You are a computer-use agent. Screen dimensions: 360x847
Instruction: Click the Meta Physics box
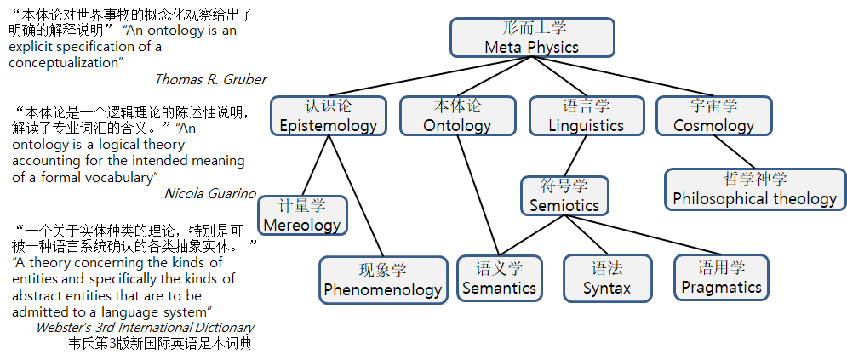tap(531, 38)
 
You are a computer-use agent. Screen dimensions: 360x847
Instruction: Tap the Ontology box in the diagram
tap(457, 116)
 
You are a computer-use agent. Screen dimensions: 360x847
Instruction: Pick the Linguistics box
tap(586, 116)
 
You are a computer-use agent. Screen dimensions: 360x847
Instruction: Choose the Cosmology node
tap(713, 116)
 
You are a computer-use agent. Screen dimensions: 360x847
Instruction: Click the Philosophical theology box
tap(754, 189)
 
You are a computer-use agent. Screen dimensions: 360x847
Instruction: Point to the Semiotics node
tap(564, 196)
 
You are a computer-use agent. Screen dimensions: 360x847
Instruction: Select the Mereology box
tap(302, 216)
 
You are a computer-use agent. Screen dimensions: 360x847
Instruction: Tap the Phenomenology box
tap(382, 280)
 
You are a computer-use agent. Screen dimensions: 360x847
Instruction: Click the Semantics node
tap(499, 278)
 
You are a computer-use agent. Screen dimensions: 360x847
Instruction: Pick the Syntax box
tap(607, 278)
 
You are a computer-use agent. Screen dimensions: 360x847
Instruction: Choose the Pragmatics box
tap(721, 277)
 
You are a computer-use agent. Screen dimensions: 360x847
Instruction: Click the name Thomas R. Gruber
tap(210, 79)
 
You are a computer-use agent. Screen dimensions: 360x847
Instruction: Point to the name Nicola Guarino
tap(209, 193)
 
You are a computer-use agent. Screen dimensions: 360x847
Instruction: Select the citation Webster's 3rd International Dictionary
tap(145, 328)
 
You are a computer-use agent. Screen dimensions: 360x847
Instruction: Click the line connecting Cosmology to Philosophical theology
tap(735, 152)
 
